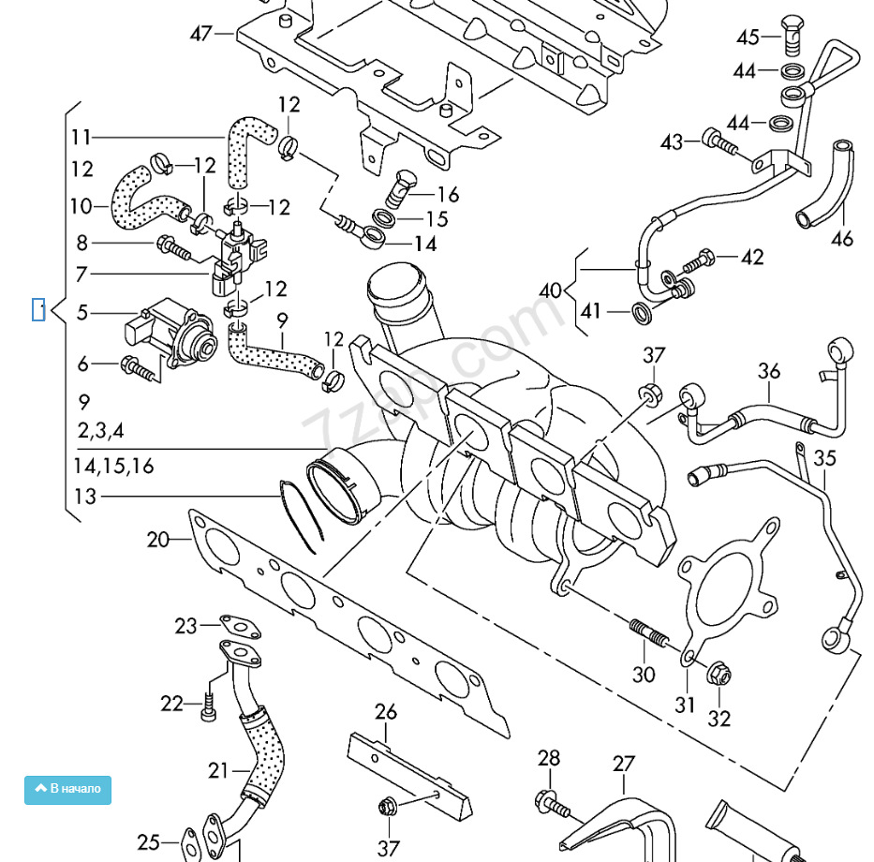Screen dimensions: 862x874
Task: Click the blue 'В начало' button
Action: pyautogui.click(x=67, y=789)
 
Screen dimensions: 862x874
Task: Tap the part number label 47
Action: pyautogui.click(x=201, y=34)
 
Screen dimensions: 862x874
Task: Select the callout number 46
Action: pyautogui.click(x=842, y=239)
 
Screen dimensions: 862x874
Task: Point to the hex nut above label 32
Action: pyautogui.click(x=718, y=674)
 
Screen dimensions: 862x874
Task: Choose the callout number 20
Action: pyautogui.click(x=157, y=540)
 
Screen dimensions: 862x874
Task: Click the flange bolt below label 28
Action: pyautogui.click(x=552, y=802)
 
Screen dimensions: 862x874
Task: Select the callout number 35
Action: pyautogui.click(x=824, y=458)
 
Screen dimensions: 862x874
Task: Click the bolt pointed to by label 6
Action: pyautogui.click(x=137, y=367)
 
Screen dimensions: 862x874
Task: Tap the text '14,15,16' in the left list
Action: pyautogui.click(x=113, y=466)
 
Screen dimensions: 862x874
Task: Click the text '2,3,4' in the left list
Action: pyautogui.click(x=100, y=431)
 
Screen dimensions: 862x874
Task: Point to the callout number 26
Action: pyautogui.click(x=386, y=712)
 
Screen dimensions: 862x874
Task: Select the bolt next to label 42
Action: pyautogui.click(x=698, y=260)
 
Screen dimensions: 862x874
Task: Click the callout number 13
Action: pyautogui.click(x=85, y=497)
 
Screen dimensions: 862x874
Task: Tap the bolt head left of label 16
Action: pyautogui.click(x=405, y=182)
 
